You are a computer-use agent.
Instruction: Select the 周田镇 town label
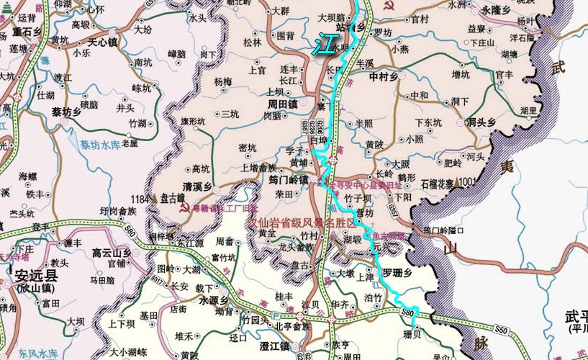click(273, 104)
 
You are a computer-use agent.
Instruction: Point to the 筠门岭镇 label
click(288, 180)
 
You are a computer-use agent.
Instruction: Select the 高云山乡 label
click(112, 252)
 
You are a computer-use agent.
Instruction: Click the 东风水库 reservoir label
click(37, 354)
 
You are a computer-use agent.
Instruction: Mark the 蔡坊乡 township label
click(66, 112)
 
